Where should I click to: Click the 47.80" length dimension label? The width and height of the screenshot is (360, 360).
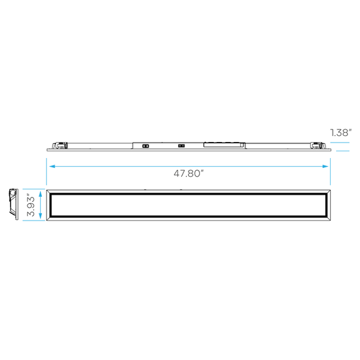click(189, 173)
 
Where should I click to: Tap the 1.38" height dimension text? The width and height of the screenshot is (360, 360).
click(341, 133)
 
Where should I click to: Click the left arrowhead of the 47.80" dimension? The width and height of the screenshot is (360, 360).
click(52, 166)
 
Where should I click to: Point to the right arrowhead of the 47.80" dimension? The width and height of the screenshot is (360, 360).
click(325, 166)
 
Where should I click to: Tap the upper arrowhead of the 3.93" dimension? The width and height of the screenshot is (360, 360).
click(41, 194)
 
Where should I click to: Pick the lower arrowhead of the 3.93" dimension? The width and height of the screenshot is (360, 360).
click(41, 215)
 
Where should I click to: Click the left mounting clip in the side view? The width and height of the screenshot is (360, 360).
click(59, 145)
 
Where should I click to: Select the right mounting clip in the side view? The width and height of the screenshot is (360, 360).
click(318, 145)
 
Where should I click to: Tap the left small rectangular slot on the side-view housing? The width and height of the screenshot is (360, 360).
click(145, 146)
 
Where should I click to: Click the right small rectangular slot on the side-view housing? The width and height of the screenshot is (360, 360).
click(181, 146)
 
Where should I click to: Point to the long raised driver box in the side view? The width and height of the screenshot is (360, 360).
click(224, 145)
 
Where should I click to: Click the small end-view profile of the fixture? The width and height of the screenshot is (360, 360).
click(13, 204)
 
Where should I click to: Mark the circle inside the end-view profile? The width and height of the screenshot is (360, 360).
click(13, 193)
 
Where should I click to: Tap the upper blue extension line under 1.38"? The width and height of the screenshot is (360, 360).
click(340, 143)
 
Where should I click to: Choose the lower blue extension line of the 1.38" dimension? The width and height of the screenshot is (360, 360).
click(343, 151)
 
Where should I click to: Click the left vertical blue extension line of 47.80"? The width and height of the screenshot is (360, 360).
click(47, 171)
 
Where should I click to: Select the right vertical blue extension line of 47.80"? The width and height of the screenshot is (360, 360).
click(331, 171)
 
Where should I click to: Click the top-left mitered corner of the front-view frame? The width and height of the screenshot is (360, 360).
click(49, 192)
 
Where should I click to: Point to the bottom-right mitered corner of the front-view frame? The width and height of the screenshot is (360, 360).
click(328, 219)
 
